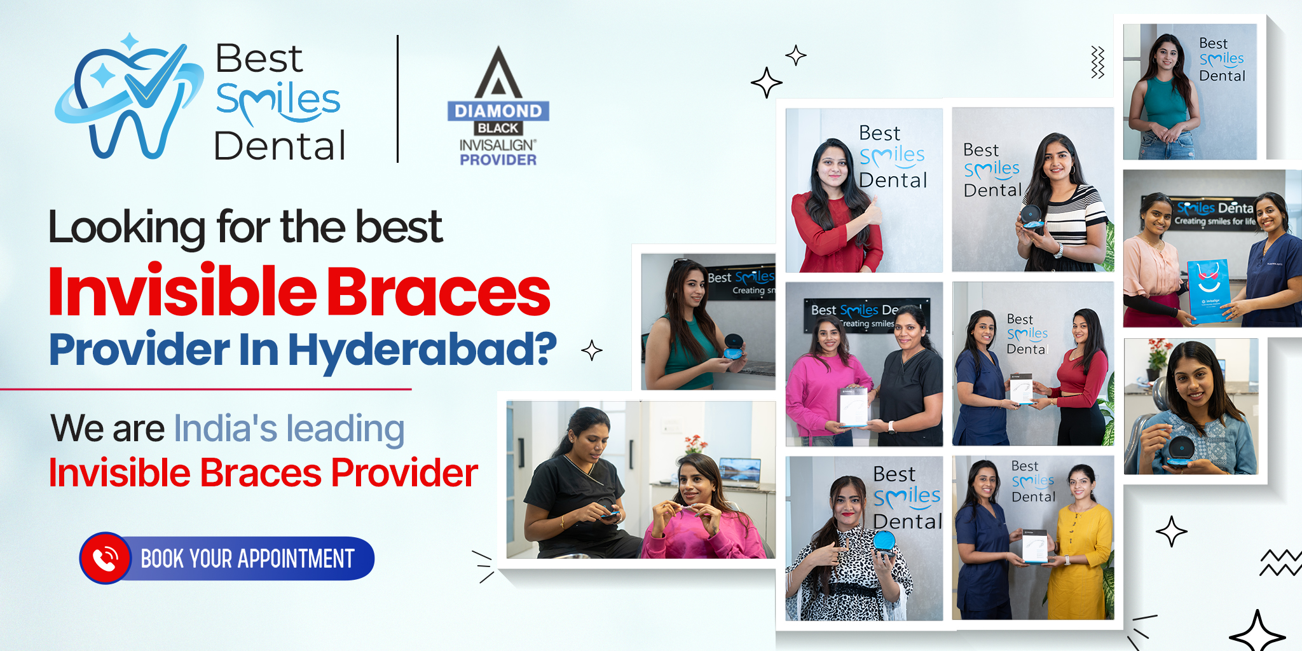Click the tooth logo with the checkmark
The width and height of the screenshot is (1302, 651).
click(x=127, y=99)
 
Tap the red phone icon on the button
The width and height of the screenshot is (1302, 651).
click(x=105, y=558)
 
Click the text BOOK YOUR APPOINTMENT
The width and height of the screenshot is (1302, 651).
click(x=247, y=559)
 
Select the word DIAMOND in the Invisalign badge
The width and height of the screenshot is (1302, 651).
click(x=498, y=111)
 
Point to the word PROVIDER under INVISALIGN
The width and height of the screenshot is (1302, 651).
click(x=498, y=160)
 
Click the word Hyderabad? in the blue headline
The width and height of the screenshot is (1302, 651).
click(x=423, y=349)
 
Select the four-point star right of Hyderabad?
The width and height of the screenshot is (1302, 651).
click(x=592, y=350)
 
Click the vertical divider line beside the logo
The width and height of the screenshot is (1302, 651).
click(x=398, y=99)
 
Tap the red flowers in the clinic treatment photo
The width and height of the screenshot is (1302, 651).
click(x=696, y=442)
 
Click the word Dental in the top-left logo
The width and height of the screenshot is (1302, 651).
click(x=280, y=146)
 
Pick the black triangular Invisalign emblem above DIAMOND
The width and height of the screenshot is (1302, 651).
click(x=498, y=72)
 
